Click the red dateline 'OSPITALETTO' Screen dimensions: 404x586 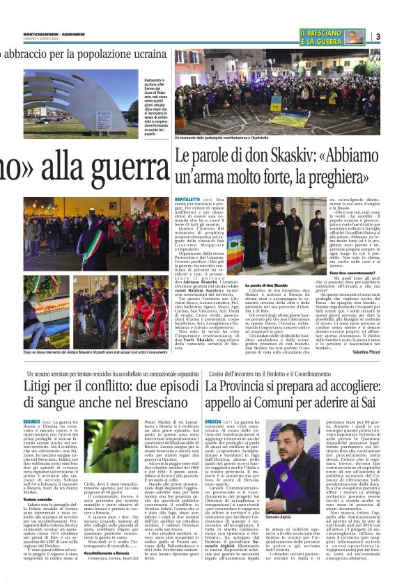(x=187, y=200)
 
